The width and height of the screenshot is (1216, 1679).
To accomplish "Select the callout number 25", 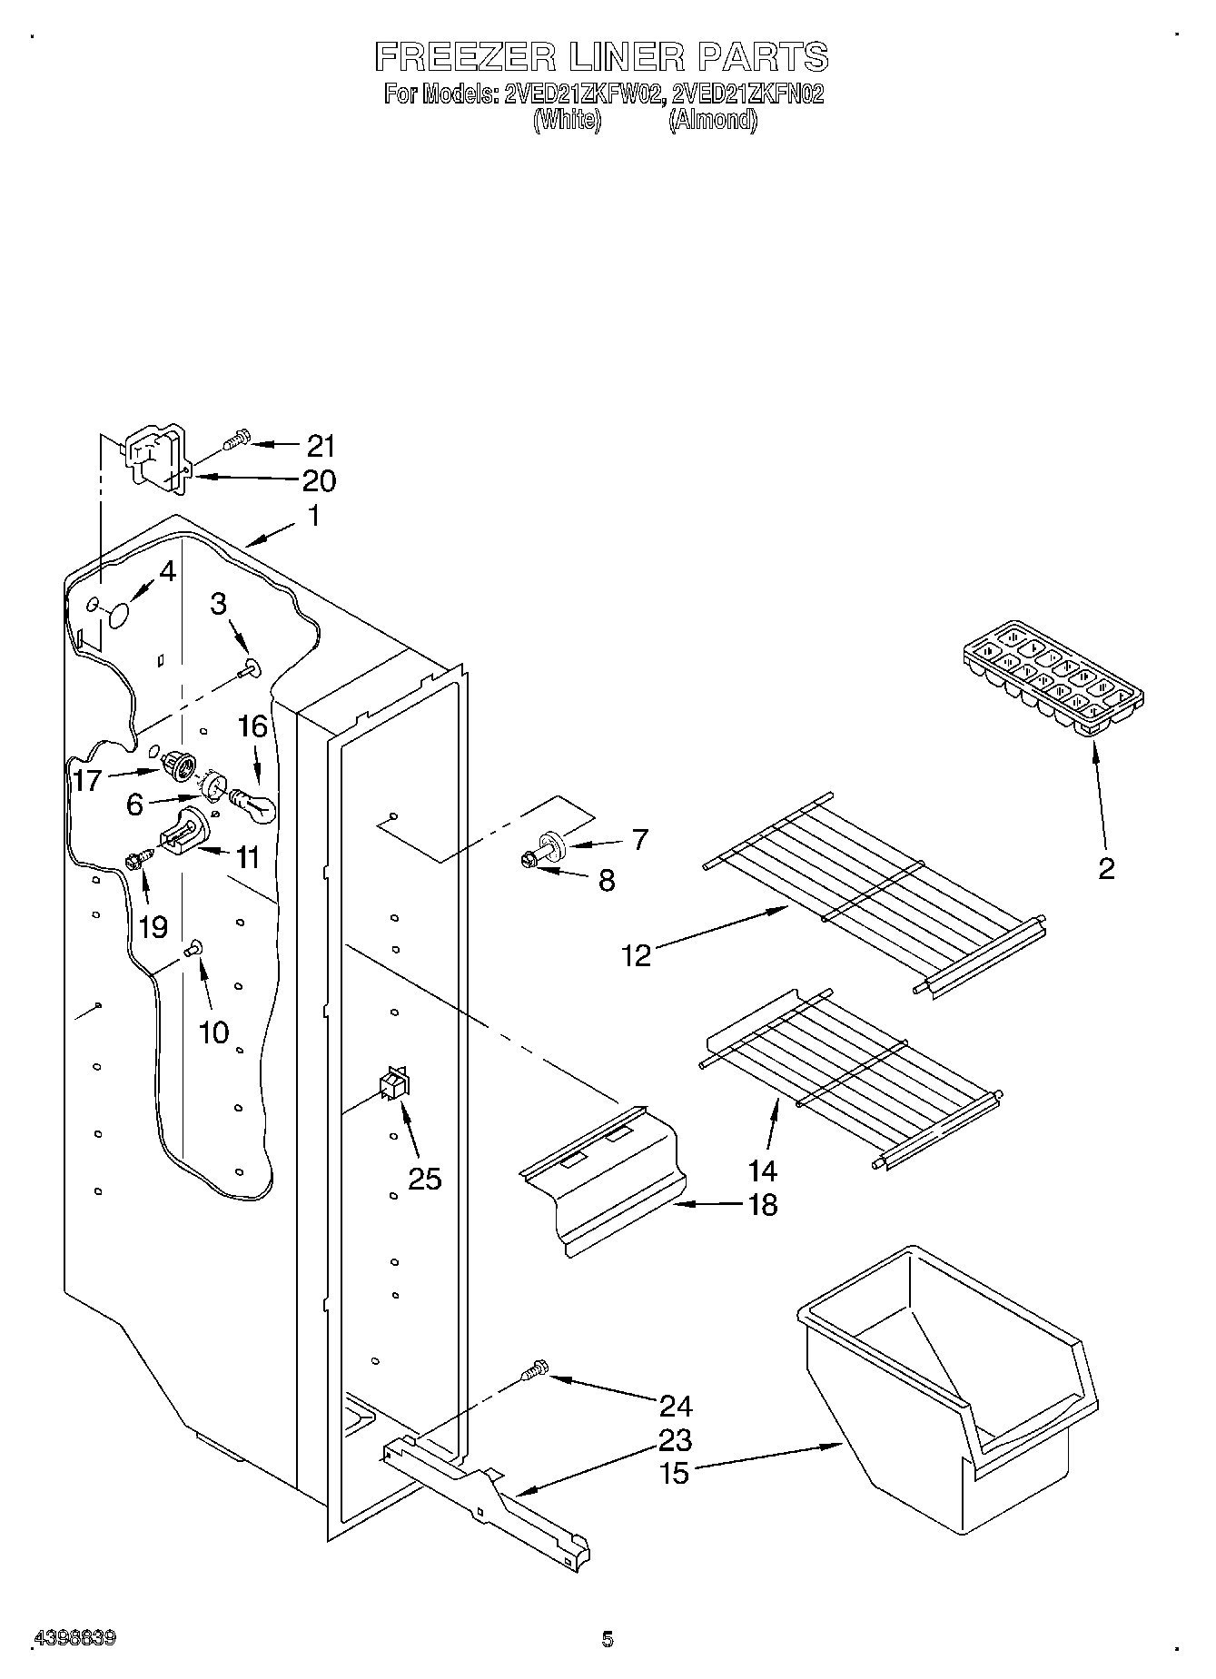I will (424, 1179).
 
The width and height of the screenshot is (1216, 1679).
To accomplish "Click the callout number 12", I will (637, 955).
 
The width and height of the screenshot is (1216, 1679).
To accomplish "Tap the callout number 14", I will (763, 1170).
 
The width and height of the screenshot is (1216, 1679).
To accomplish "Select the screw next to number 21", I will (234, 441).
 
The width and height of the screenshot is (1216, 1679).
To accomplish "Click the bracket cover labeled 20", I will (154, 460).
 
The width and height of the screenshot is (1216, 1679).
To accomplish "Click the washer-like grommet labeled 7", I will (553, 844).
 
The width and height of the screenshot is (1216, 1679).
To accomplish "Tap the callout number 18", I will (763, 1205).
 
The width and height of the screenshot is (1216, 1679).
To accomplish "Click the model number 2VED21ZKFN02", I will (747, 94).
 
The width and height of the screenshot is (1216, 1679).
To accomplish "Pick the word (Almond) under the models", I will (712, 120).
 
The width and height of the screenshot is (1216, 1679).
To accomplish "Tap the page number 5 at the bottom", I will (607, 1638).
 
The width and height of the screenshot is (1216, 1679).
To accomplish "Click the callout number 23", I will (677, 1440).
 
